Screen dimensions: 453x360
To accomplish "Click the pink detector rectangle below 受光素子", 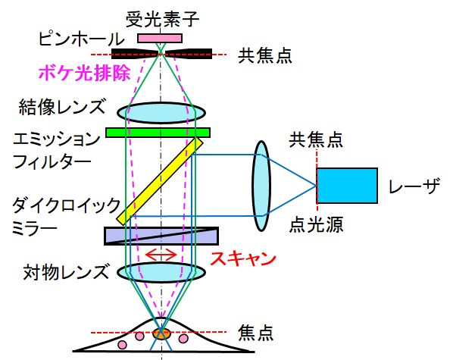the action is tap(160, 38).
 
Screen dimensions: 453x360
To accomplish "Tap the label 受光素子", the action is tap(162, 20).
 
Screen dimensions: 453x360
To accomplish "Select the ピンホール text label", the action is tap(82, 39).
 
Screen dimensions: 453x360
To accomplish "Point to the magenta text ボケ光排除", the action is tap(84, 73).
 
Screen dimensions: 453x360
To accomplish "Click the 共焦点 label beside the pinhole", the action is tap(264, 55).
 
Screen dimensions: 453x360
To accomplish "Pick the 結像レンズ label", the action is tap(62, 107).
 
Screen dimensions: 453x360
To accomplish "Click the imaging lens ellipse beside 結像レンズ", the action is tap(161, 112).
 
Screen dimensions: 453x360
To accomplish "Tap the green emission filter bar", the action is tap(158, 133).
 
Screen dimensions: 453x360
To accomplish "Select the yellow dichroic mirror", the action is tap(160, 181).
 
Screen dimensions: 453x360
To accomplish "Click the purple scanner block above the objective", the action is tap(161, 236).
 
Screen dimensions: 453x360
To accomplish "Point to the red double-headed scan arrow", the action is tap(161, 255).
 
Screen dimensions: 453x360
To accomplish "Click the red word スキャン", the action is tap(243, 258).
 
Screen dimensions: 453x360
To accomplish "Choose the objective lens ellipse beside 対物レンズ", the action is tap(161, 272).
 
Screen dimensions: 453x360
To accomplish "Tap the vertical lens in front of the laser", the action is tap(261, 186).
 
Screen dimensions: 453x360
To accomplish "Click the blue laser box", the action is tap(347, 186).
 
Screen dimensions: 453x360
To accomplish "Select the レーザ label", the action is tap(414, 186).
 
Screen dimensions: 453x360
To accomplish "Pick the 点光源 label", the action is tap(316, 224).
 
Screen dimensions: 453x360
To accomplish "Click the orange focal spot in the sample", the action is tap(161, 333).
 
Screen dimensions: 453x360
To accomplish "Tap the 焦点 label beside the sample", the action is tap(255, 333).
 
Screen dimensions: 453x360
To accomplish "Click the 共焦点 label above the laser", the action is tap(316, 140).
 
